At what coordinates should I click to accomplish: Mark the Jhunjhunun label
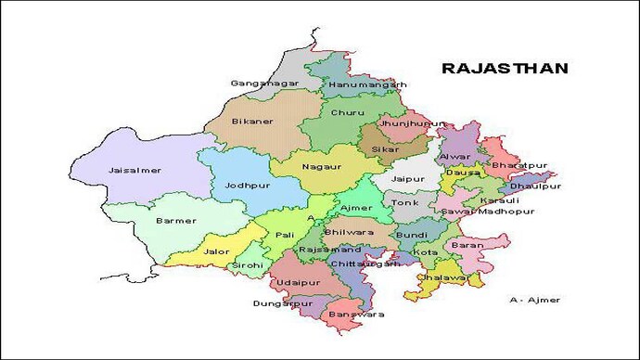[x=407, y=122]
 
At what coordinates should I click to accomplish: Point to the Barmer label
[x=176, y=222]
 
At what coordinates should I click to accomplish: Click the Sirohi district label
[x=247, y=265]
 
